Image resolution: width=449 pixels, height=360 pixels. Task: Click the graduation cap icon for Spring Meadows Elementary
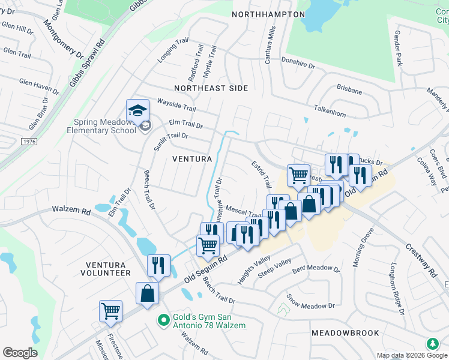[137, 110]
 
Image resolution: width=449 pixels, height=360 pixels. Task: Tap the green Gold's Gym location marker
[161, 320]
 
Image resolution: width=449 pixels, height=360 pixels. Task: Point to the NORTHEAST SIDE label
[211, 88]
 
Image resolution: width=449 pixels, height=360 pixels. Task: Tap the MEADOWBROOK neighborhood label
[345, 332]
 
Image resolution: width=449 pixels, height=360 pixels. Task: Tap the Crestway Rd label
[420, 260]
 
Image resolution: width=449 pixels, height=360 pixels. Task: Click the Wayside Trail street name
[176, 105]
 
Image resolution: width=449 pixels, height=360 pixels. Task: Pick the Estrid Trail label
[259, 176]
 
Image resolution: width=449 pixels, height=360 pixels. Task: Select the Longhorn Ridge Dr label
[398, 289]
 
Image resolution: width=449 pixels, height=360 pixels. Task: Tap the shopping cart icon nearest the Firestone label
[110, 311]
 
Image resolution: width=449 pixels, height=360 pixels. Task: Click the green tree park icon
[432, 344]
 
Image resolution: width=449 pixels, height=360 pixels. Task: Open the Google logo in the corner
[20, 353]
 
